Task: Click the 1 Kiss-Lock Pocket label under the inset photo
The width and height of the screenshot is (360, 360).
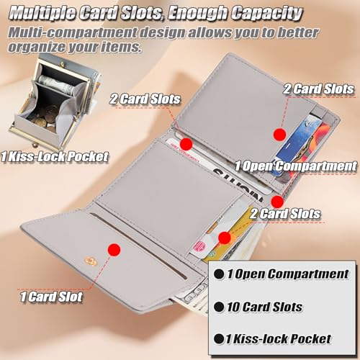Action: [x=55, y=155]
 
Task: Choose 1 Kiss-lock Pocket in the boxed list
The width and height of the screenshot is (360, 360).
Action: [x=284, y=338]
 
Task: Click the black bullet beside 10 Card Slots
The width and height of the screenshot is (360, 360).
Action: [x=219, y=307]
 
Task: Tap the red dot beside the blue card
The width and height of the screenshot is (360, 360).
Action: [x=279, y=133]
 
